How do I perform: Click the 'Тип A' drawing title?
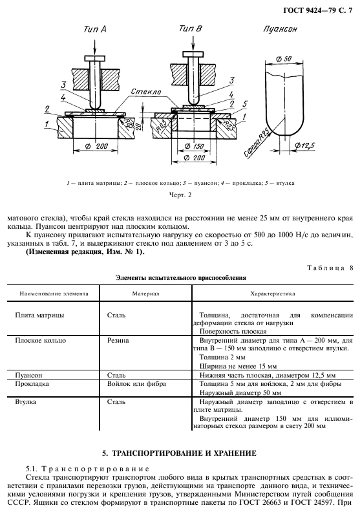[94, 30]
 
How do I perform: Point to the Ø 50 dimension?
[282, 59]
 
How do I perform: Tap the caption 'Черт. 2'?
[180, 193]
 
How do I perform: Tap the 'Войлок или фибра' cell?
[136, 383]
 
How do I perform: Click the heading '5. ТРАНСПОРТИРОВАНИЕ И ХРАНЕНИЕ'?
[180, 453]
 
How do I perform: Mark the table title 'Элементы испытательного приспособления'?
[180, 277]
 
